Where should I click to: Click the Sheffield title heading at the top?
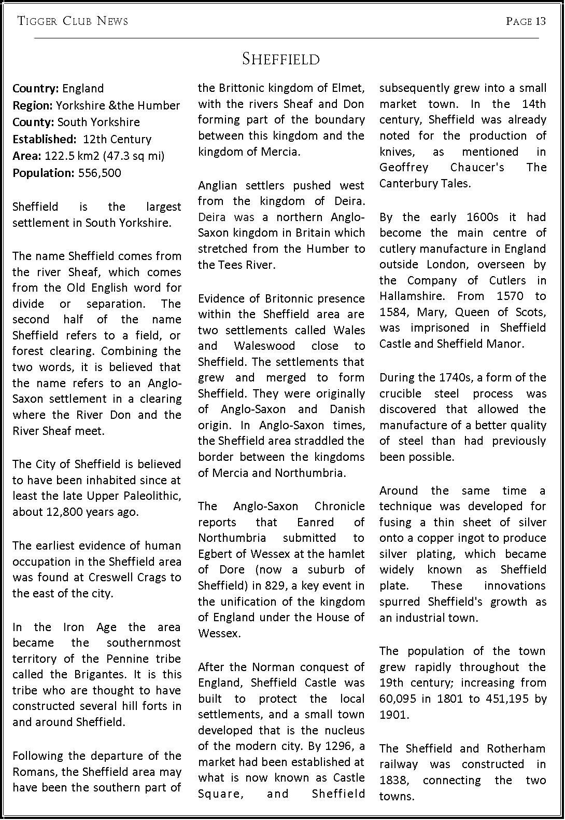pos(281,59)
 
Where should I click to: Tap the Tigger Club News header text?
pos(73,21)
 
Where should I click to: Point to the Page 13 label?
pos(526,21)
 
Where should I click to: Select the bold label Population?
pos(44,173)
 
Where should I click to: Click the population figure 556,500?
pos(100,173)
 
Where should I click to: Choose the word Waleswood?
pos(264,346)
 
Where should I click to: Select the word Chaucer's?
pos(477,167)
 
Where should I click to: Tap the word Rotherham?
pos(516,748)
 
